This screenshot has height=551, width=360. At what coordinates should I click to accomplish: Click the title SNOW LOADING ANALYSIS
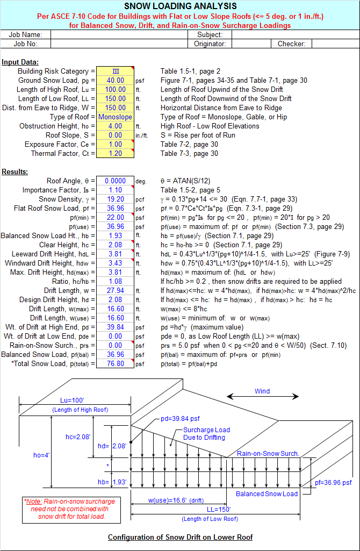180,6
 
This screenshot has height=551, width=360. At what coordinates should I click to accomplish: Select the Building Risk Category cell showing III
115,71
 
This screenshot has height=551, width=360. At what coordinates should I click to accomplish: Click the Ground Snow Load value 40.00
115,80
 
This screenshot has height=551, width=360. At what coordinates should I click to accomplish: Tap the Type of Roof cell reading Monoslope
115,117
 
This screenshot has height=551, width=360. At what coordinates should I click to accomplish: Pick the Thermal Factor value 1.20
115,153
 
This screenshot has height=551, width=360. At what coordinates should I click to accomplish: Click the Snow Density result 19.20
115,199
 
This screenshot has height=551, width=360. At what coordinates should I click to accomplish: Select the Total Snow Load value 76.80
115,363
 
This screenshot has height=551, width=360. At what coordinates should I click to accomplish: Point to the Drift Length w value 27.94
115,290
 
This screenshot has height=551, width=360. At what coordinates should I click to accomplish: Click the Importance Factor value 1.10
115,190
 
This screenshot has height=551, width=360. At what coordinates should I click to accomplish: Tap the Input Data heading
20,62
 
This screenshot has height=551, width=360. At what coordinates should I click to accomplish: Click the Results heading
15,171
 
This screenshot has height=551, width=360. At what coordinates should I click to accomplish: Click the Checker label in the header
291,44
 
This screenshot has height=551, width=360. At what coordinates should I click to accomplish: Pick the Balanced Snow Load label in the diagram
267,493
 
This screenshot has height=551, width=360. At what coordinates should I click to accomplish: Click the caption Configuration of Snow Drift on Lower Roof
180,537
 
